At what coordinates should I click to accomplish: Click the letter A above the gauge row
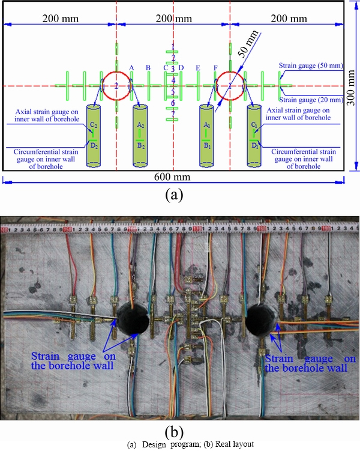click(132, 67)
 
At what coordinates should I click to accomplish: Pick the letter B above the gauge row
click(148, 67)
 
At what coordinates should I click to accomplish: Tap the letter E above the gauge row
click(197, 67)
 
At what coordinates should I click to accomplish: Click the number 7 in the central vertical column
click(173, 114)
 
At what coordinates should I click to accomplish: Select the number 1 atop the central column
click(173, 47)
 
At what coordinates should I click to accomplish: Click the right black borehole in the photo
click(262, 319)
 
